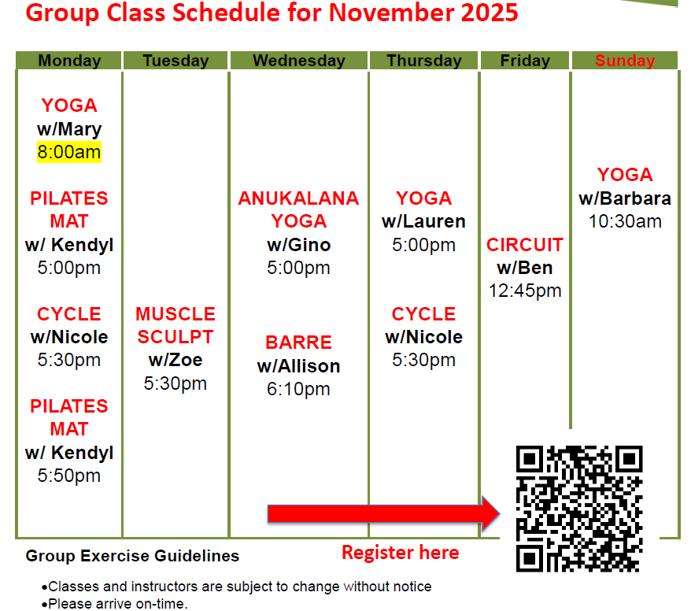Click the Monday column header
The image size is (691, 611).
[x=69, y=61]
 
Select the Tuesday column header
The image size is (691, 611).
[x=176, y=61]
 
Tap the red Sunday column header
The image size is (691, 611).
[x=625, y=61]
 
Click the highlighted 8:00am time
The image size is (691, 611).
[x=69, y=152]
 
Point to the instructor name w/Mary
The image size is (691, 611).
[x=69, y=129]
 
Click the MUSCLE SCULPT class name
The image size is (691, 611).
[x=176, y=325]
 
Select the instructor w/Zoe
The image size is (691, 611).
[x=176, y=361]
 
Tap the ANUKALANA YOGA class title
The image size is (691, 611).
[x=298, y=209]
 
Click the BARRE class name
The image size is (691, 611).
[x=298, y=343]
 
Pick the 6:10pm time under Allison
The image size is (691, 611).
[x=298, y=389]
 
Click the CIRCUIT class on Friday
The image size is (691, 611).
[x=525, y=245]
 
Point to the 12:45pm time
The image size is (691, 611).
[x=525, y=291]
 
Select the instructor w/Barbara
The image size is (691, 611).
[x=625, y=198]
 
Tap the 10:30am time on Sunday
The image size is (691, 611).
[x=625, y=221]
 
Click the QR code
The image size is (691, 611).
[x=578, y=509]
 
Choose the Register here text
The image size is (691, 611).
[x=400, y=553]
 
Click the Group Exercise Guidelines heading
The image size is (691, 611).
[x=132, y=556]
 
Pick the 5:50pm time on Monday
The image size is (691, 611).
[x=69, y=476]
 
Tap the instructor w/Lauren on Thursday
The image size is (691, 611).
[x=423, y=221]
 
